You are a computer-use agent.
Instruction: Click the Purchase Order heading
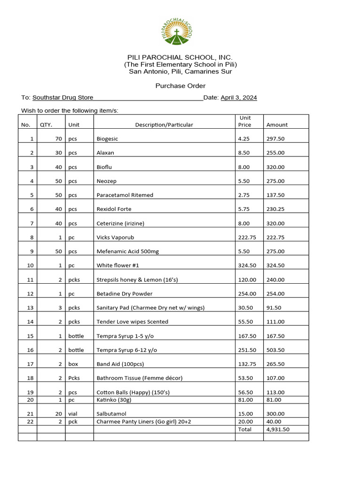pyautogui.click(x=180, y=86)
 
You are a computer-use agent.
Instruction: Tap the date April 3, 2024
pyautogui.click(x=239, y=98)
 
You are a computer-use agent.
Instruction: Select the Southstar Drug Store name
pyautogui.click(x=63, y=98)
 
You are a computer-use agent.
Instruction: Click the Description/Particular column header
pyautogui.click(x=164, y=125)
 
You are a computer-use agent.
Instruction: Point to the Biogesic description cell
pyautogui.click(x=108, y=139)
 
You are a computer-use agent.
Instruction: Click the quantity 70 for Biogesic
pyautogui.click(x=58, y=139)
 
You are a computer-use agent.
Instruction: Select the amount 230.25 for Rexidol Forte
pyautogui.click(x=275, y=209)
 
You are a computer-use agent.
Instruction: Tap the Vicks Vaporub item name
pyautogui.click(x=115, y=238)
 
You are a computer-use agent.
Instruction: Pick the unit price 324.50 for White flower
pyautogui.click(x=247, y=265)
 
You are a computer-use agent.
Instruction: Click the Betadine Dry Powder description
pyautogui.click(x=125, y=294)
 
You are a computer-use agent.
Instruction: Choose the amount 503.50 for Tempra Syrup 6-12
pyautogui.click(x=275, y=350)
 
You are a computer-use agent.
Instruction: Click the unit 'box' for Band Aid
pyautogui.click(x=73, y=364)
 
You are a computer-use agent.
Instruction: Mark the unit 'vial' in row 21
pyautogui.click(x=73, y=414)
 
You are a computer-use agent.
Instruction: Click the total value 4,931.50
pyautogui.click(x=278, y=429)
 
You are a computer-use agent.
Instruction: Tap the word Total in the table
pyautogui.click(x=245, y=429)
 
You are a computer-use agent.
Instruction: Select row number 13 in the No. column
pyautogui.click(x=31, y=308)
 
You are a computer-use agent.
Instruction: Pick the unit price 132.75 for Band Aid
pyautogui.click(x=247, y=364)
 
